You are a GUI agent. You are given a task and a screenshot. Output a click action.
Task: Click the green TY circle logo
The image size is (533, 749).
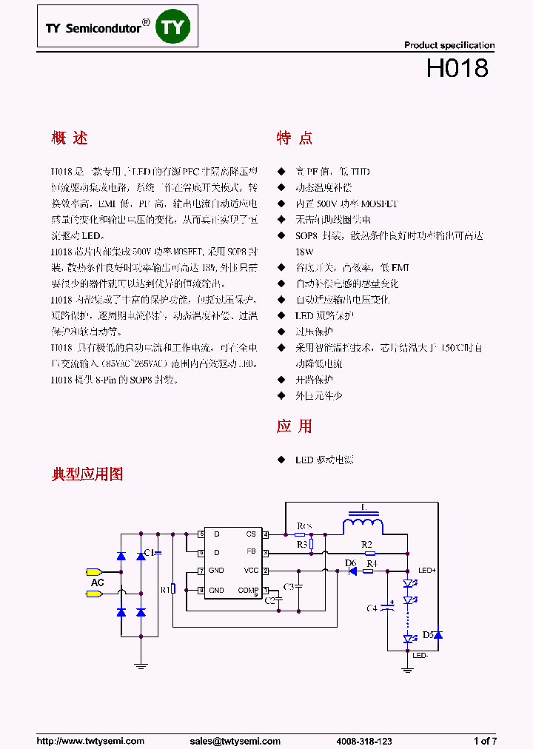coord(177,27)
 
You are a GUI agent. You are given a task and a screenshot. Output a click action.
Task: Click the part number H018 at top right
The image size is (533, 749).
coord(457,68)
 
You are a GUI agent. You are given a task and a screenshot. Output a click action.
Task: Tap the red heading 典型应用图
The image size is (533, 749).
coord(87,474)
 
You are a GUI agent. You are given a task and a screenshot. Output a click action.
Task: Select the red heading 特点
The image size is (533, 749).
coord(294,138)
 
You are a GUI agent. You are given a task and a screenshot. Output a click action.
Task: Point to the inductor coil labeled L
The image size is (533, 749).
coord(363,525)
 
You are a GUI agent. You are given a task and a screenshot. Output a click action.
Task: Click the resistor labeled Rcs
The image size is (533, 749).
coord(300,534)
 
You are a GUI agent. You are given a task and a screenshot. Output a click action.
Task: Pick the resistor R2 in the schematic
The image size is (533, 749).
coord(368,552)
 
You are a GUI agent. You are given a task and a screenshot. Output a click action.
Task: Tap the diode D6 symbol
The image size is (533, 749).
coord(352,571)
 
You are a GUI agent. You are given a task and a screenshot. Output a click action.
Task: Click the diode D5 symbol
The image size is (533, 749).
coord(438,635)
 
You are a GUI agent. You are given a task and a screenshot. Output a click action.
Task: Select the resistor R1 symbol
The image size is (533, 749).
coord(172,589)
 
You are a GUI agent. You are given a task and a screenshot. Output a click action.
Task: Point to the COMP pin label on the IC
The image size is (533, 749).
coord(247,590)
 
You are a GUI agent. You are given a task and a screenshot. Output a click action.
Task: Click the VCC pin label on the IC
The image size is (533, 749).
coord(250,571)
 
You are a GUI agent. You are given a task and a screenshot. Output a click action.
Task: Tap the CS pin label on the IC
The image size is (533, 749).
coord(252,534)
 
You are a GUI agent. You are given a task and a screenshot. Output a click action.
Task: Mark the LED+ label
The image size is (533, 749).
coord(427,571)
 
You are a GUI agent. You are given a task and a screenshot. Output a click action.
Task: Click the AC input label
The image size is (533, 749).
coord(97,583)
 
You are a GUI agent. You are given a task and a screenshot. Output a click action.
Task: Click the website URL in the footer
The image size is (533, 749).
coord(90,741)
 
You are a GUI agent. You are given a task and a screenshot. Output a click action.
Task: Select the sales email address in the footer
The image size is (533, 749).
coord(235,741)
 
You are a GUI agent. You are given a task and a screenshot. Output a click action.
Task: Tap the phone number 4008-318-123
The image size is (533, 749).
coord(364,741)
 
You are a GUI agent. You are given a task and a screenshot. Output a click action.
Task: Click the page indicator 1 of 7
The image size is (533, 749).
coord(485,741)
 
